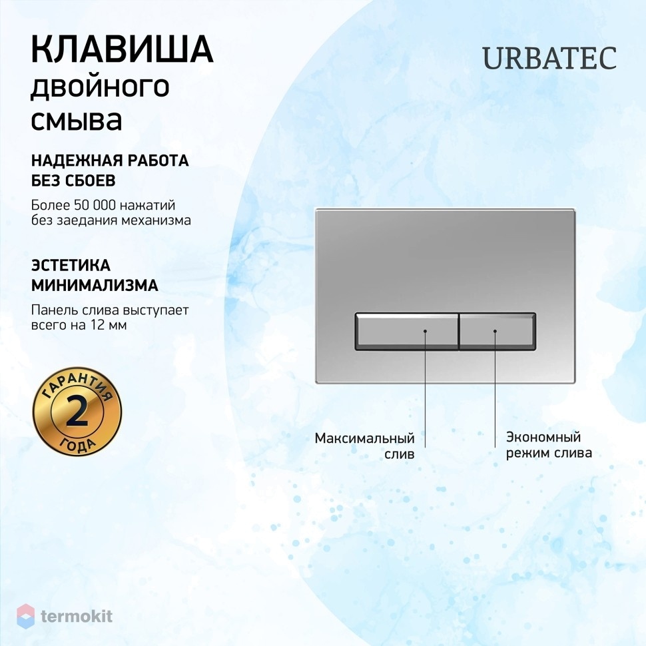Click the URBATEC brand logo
[549, 58]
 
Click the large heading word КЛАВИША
[122, 49]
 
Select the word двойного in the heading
[100, 87]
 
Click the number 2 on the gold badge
[77, 412]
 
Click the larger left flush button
[407, 332]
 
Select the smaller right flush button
[497, 332]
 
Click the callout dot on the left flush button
[425, 331]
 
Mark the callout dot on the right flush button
[495, 331]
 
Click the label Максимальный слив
[364, 446]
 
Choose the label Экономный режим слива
[549, 445]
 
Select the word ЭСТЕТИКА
[71, 265]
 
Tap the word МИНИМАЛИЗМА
[95, 285]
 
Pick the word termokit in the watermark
[77, 616]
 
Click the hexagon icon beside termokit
[25, 616]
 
